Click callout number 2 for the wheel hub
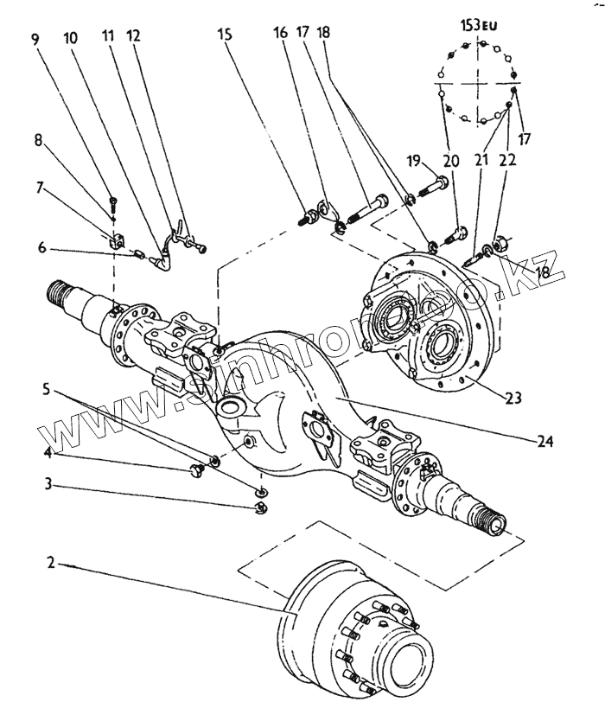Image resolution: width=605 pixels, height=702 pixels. [51, 563]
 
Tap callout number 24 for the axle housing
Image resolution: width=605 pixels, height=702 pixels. [544, 441]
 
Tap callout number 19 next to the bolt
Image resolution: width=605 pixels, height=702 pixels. [413, 161]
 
